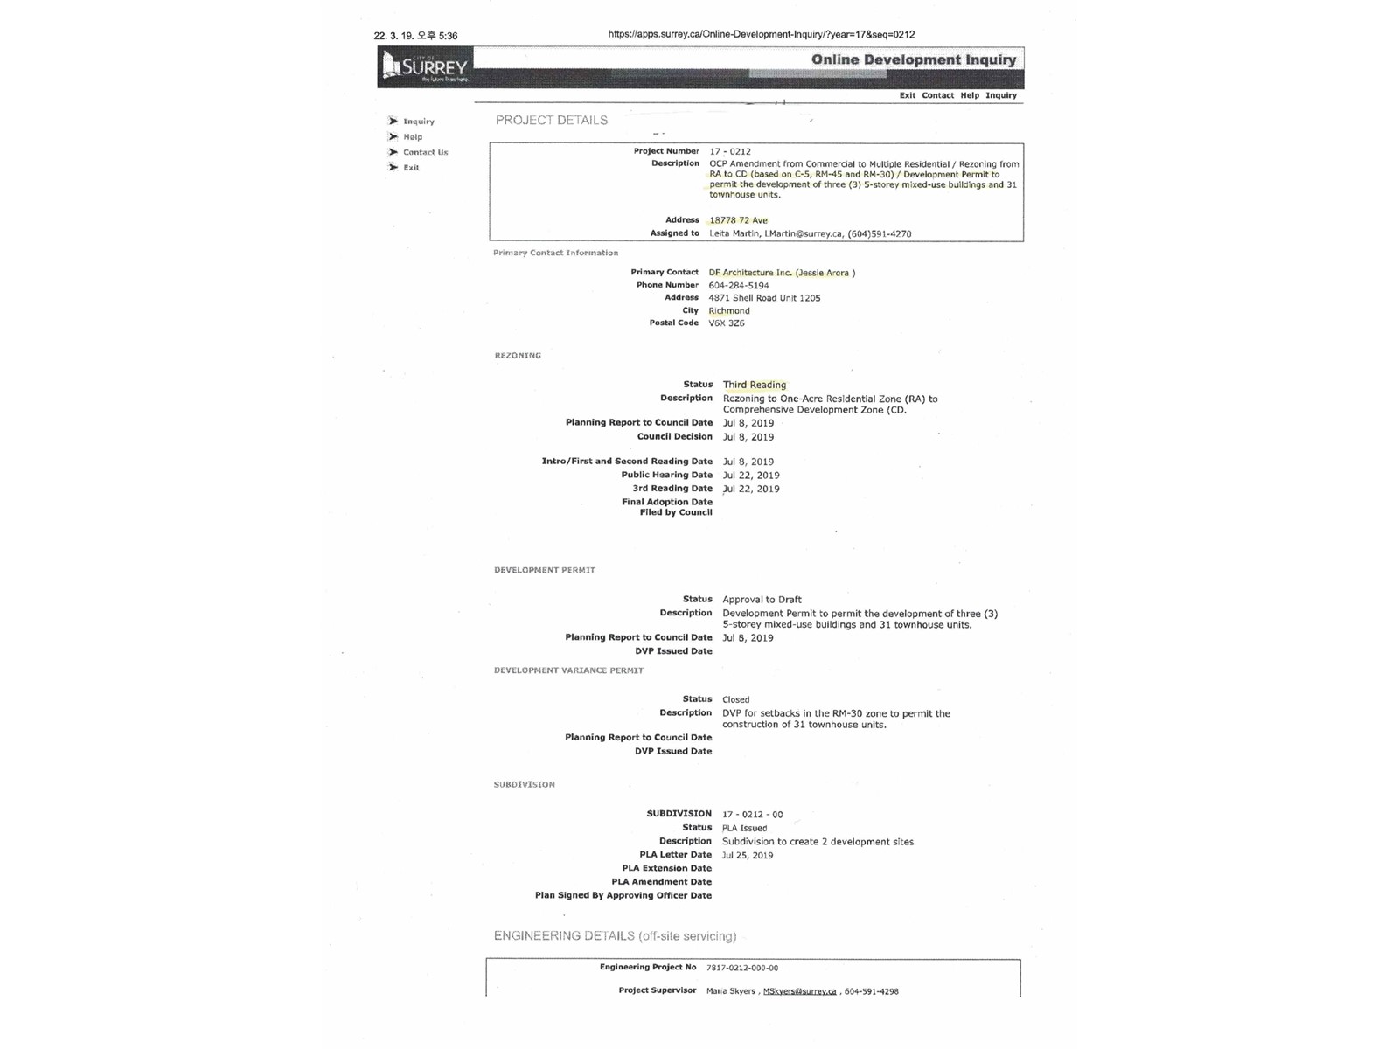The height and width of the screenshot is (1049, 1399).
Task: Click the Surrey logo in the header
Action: [426, 66]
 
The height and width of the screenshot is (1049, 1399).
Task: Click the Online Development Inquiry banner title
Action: [913, 59]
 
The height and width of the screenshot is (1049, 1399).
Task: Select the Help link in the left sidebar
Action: [412, 137]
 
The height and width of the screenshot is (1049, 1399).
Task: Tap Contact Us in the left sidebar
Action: [425, 152]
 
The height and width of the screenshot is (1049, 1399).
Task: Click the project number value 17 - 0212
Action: [730, 151]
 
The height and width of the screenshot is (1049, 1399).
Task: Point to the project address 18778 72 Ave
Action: [738, 220]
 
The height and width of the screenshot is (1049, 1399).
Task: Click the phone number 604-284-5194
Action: [739, 285]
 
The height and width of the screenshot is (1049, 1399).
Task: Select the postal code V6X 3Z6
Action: [727, 323]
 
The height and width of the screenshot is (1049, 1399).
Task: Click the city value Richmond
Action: [729, 310]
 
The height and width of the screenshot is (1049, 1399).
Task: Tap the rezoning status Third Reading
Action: [755, 385]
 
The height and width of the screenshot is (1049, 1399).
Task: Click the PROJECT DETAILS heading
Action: [552, 120]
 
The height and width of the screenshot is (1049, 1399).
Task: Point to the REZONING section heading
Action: [518, 356]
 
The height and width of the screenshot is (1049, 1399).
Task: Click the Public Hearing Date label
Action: [666, 476]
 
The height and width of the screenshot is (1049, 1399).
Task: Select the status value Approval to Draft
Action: [762, 600]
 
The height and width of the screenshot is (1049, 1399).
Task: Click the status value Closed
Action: [735, 699]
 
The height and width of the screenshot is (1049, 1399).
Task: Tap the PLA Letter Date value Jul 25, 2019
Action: [748, 856]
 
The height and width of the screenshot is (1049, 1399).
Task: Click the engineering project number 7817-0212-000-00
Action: [742, 968]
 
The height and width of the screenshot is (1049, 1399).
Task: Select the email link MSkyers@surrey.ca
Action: [799, 991]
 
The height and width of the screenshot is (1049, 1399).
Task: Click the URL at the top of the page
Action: [762, 35]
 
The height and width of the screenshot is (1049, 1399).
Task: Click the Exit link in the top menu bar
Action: [907, 95]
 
